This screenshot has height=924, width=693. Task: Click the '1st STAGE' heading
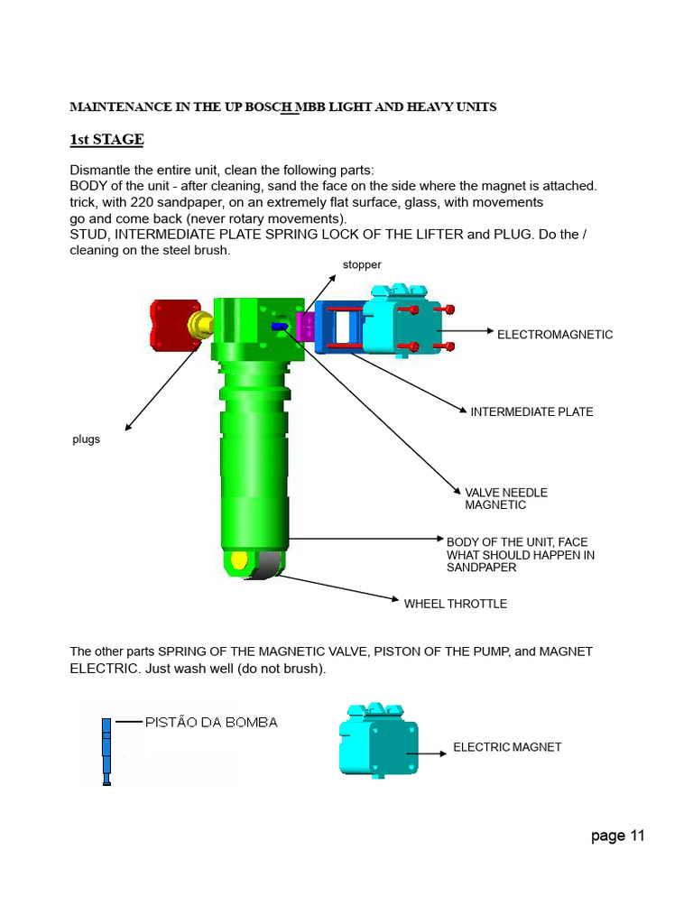point(106,140)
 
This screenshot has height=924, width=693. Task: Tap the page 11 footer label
point(618,836)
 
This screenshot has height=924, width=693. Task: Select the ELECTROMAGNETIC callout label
point(555,335)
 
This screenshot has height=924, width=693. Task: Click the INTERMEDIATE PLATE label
point(531,412)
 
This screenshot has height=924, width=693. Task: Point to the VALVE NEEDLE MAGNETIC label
point(505,499)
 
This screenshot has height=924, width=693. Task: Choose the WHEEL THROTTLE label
point(455,604)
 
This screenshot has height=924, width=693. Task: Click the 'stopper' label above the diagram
point(362,265)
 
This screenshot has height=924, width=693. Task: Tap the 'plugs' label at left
point(86,439)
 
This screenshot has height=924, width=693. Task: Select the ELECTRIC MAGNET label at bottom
point(506,747)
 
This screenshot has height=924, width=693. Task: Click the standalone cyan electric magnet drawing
point(378,739)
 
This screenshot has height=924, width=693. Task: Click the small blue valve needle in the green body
point(279,326)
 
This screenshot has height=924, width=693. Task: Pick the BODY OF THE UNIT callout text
point(520,555)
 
